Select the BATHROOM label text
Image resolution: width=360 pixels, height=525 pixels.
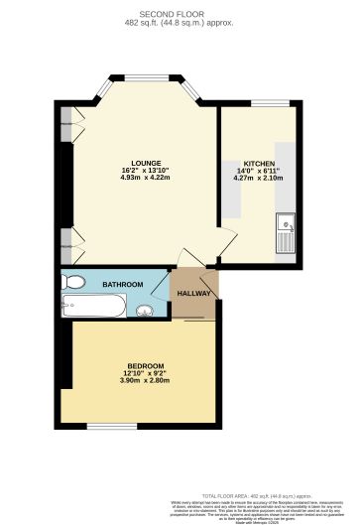coord(122,285)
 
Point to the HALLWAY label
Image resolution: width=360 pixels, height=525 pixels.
coord(194,294)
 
